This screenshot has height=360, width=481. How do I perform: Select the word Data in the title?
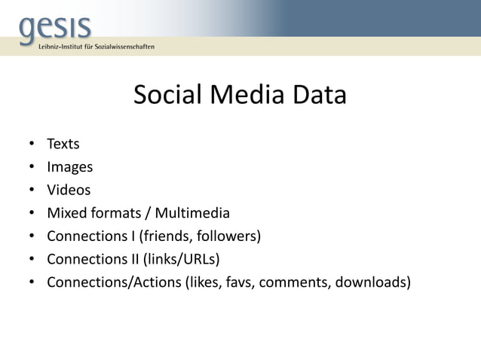(x=319, y=96)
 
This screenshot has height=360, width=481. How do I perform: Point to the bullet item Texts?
(x=63, y=143)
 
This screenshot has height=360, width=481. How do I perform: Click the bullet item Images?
(x=69, y=166)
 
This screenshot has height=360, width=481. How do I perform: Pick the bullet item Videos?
(x=68, y=190)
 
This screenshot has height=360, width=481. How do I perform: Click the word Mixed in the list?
(x=67, y=213)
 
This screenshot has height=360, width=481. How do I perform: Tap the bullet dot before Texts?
(x=32, y=143)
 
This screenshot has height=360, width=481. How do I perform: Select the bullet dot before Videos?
(x=32, y=190)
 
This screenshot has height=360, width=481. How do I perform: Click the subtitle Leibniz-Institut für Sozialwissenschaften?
(x=97, y=47)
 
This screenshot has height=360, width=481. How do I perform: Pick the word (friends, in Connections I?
(x=163, y=236)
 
